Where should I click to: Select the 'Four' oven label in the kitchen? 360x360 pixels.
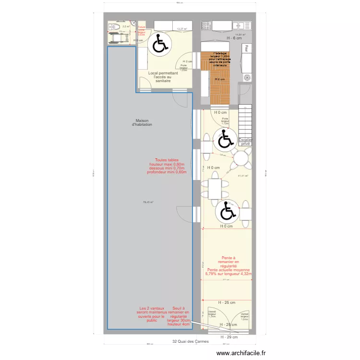[x=246, y=48]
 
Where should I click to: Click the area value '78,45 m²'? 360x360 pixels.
[x=148, y=202]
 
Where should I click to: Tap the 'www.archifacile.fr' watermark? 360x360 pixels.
[x=240, y=353]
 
